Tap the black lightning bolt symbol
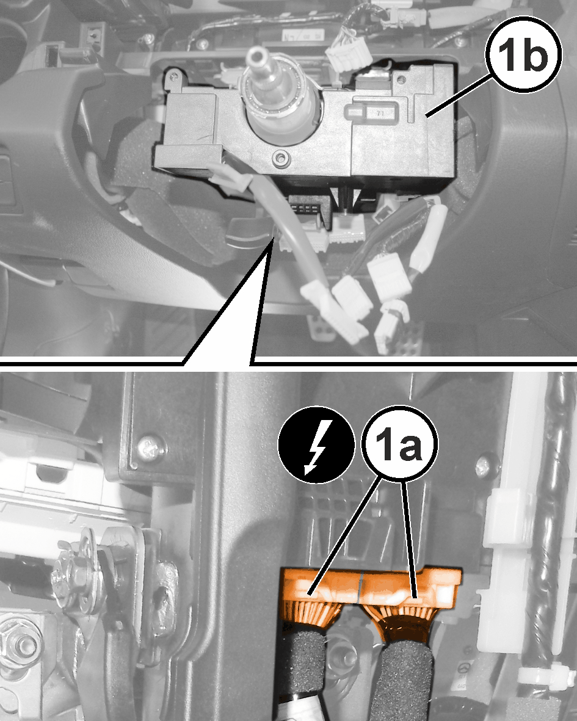tap(316, 445)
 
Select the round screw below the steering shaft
tap(280, 159)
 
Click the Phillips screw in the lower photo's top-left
tap(152, 446)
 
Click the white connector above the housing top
tap(348, 54)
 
